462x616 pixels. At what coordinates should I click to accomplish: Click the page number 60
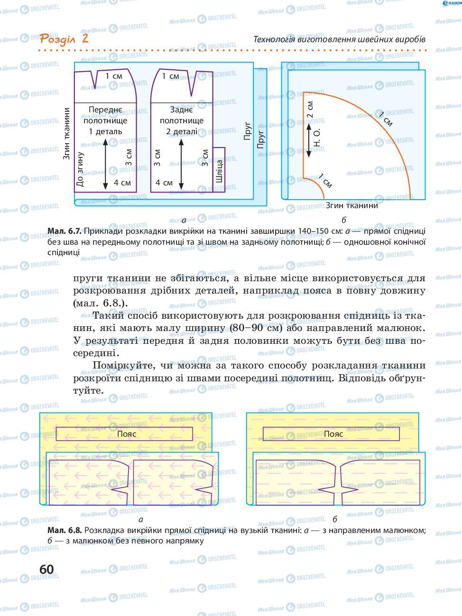point(47,569)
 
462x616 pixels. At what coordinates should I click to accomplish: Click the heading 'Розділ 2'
point(64,38)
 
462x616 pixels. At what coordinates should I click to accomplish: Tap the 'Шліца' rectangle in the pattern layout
point(219,169)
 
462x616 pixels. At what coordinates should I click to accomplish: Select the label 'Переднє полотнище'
point(105,115)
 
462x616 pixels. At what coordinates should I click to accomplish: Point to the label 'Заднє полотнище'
point(181,115)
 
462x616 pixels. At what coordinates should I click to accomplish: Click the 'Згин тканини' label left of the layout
point(67,133)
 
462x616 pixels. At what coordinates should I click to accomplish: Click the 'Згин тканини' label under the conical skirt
point(351,205)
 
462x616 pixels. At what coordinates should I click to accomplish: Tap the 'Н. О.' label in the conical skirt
point(318,138)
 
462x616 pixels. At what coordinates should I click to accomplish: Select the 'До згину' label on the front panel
point(80,169)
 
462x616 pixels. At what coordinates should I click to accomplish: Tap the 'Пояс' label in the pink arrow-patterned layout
point(127,434)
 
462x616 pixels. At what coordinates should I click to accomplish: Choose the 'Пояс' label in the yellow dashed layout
point(333,434)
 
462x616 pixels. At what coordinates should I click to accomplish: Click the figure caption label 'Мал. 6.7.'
point(65,231)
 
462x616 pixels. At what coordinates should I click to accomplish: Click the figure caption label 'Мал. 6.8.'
point(65,530)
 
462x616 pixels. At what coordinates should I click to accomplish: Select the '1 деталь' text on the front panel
point(105,131)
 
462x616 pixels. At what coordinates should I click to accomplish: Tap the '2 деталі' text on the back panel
point(181,131)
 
